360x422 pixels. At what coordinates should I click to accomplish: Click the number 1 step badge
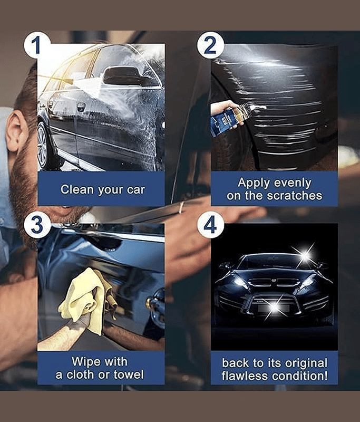[x=37, y=45]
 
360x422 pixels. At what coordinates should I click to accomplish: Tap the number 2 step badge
[x=210, y=45]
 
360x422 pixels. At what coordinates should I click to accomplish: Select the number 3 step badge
[x=37, y=225]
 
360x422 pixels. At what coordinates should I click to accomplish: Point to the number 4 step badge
[x=210, y=225]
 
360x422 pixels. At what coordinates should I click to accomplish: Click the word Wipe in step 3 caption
[x=85, y=361]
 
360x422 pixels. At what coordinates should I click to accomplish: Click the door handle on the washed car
[x=81, y=107]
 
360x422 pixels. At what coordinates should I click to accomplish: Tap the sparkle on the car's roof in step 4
[x=305, y=254]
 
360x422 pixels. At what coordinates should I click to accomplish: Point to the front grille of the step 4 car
[x=274, y=283]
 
